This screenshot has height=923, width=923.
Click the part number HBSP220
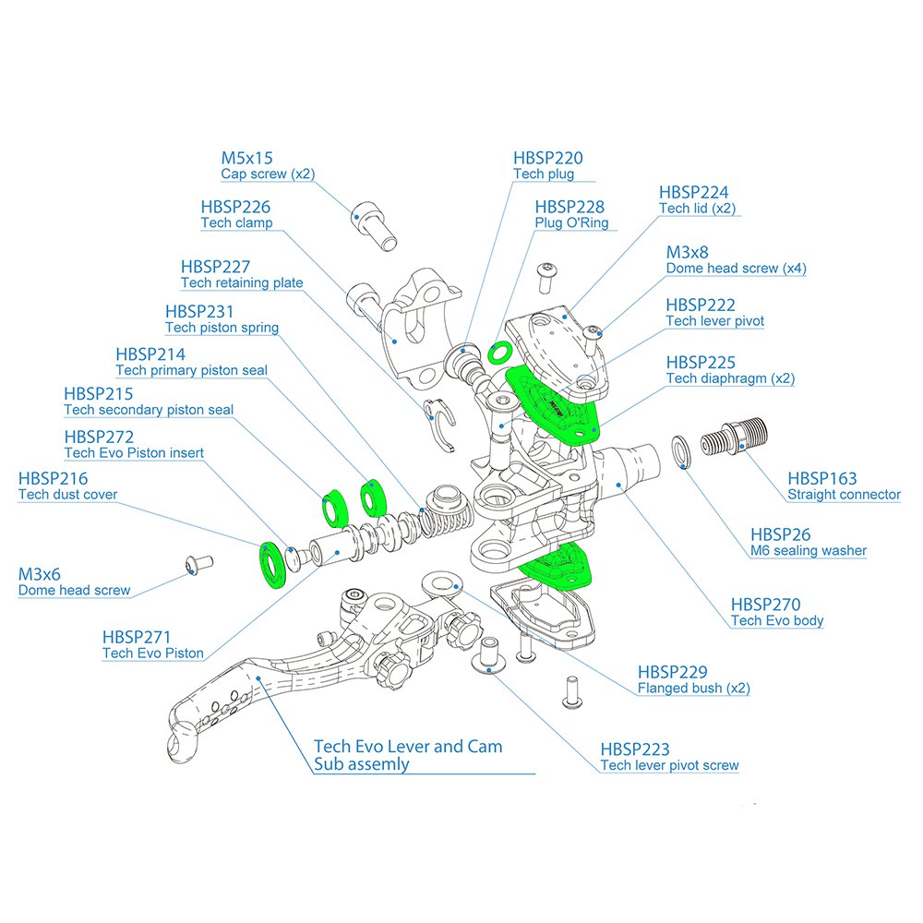tap(548, 159)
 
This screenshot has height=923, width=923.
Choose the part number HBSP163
tap(821, 478)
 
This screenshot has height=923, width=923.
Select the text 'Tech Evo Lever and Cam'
tap(408, 746)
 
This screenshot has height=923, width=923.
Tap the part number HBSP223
tap(635, 749)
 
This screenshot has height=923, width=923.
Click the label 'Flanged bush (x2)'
tap(693, 689)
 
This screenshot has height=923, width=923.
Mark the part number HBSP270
tap(765, 604)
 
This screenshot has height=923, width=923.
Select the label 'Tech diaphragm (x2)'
tap(730, 378)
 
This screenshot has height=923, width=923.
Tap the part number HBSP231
tap(199, 312)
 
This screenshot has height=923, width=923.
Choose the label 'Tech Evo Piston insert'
tap(134, 453)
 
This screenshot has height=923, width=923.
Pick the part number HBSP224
tap(693, 192)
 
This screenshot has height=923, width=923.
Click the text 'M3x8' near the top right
tap(688, 252)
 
